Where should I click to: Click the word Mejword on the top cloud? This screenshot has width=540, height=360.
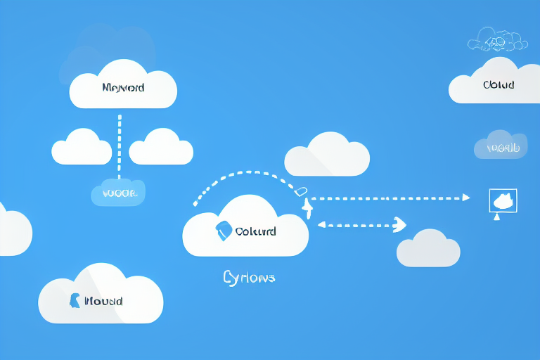123,88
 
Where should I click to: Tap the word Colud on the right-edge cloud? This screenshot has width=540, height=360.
499,85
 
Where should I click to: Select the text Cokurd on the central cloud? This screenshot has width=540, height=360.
255,231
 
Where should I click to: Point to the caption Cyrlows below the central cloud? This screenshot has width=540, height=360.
249,278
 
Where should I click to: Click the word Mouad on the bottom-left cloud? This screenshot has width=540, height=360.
103,301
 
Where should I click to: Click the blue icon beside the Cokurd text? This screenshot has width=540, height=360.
224,230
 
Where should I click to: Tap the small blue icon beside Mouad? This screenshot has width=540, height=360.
74,300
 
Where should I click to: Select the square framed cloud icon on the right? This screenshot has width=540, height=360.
503,201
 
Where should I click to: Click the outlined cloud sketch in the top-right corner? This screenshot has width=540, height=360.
498,40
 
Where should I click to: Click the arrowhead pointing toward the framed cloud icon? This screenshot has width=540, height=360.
465,198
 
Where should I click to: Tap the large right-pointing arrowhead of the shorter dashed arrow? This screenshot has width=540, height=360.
399,224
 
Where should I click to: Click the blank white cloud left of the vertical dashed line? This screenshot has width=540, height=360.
82,147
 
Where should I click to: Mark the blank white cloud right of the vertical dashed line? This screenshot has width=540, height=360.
161,147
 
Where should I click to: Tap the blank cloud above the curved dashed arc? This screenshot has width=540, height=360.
327,154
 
